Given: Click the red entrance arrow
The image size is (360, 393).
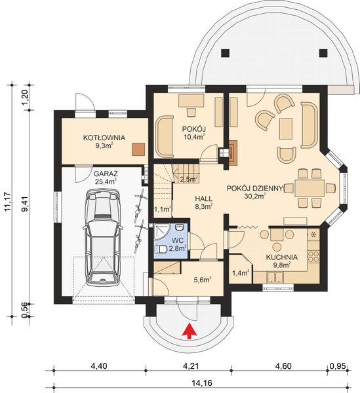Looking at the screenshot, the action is (x=189, y=331).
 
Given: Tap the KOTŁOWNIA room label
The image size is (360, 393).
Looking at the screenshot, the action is (x=104, y=138).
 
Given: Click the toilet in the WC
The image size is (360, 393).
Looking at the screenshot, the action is (x=161, y=249).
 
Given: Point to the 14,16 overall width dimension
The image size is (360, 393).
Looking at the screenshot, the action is (x=202, y=383).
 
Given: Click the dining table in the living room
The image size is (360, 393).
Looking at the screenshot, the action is (x=310, y=188).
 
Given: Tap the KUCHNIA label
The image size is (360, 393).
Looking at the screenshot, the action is (x=282, y=257).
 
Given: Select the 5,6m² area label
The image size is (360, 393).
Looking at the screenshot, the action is (x=202, y=280).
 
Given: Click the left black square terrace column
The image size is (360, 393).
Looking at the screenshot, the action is (x=225, y=52).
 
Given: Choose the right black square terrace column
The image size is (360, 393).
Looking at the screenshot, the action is (x=323, y=52).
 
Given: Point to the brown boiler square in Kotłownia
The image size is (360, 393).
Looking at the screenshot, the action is (x=138, y=149).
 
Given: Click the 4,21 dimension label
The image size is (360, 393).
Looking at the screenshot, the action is (x=191, y=366).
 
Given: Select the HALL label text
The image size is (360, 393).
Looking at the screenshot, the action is (x=204, y=198).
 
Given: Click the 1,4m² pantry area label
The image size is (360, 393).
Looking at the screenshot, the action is (x=241, y=272).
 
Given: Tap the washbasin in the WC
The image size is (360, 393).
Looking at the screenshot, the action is (x=180, y=227).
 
